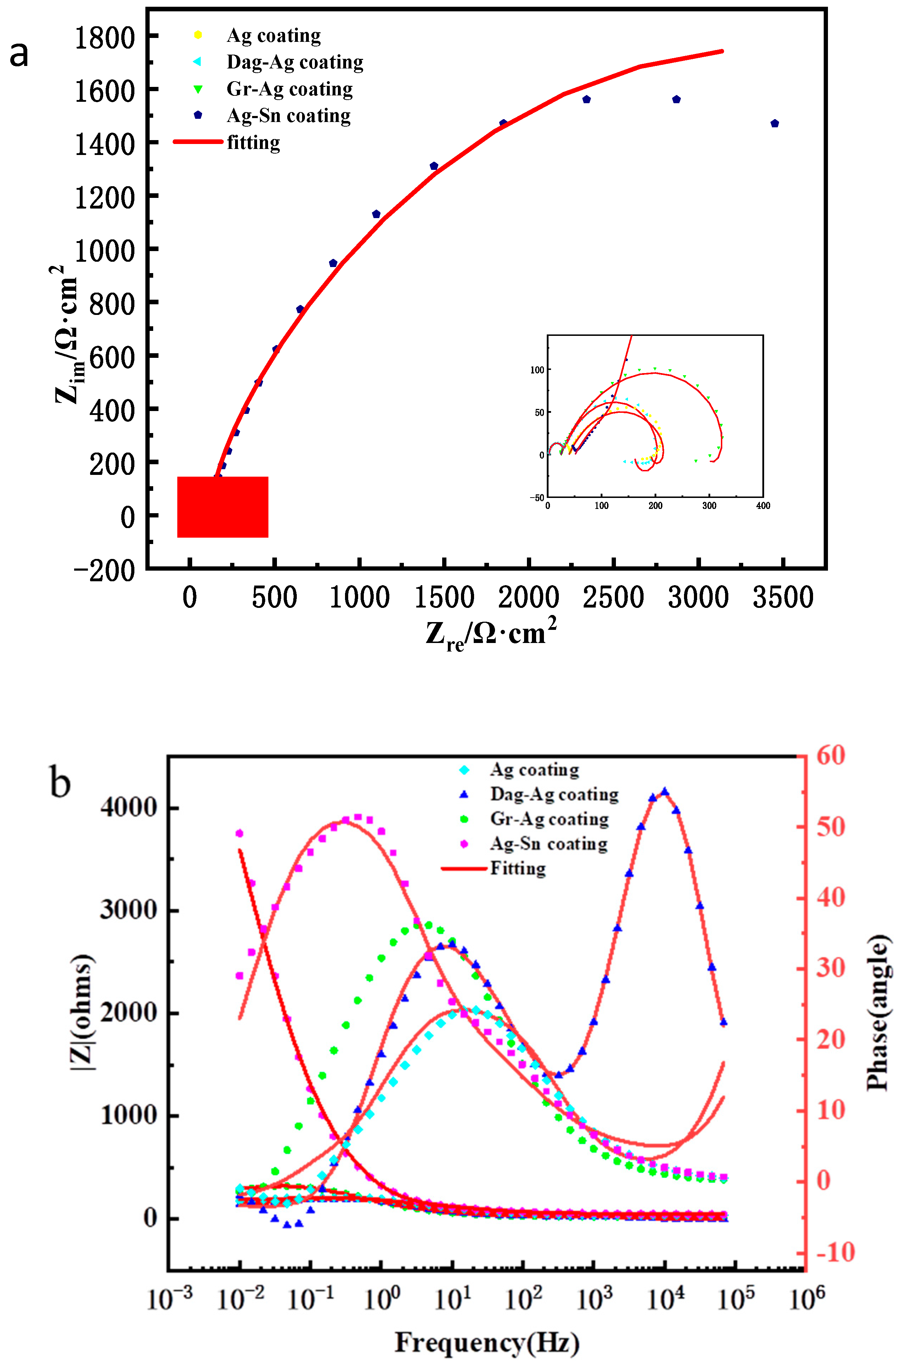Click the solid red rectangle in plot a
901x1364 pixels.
pos(222,507)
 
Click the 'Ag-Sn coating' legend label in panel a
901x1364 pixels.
pos(289,116)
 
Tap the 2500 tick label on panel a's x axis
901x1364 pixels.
pos(613,598)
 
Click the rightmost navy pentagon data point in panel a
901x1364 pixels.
pos(774,123)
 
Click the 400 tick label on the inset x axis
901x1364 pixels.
pos(763,506)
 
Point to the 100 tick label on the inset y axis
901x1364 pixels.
pos(537,370)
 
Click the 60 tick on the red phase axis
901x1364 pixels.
pos(830,755)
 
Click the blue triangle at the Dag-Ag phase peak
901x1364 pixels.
pos(665,792)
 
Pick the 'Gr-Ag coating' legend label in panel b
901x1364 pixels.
pos(549,819)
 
